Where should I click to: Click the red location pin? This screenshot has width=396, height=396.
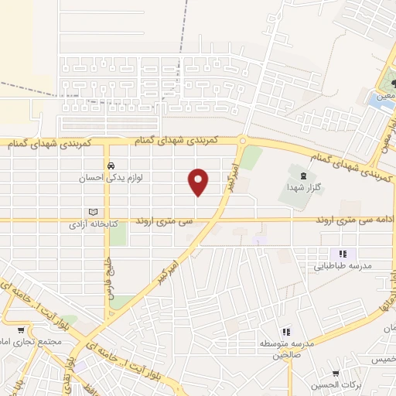click(199, 182)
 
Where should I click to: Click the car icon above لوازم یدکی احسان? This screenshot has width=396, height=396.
click(111, 166)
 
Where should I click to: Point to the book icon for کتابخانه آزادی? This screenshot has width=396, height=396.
click(94, 212)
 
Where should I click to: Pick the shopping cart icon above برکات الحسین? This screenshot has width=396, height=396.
click(335, 374)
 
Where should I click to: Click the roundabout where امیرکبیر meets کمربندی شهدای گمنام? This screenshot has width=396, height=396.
click(242, 141)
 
